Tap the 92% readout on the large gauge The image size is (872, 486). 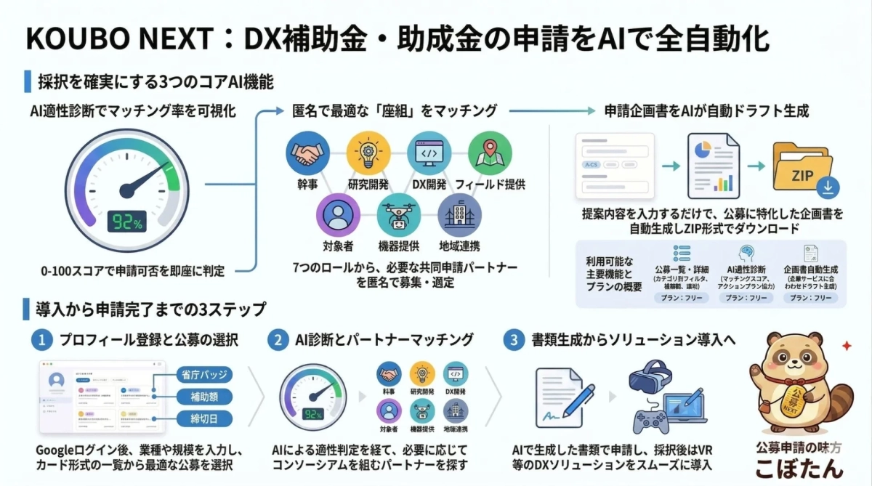click(129, 222)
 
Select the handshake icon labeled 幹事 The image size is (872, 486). click(307, 153)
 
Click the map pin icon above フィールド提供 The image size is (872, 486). click(485, 153)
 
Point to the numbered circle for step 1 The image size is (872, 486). click(42, 339)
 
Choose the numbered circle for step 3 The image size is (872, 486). click(514, 339)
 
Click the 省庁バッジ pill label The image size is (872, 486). click(204, 375)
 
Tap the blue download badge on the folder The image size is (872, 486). click(828, 188)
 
